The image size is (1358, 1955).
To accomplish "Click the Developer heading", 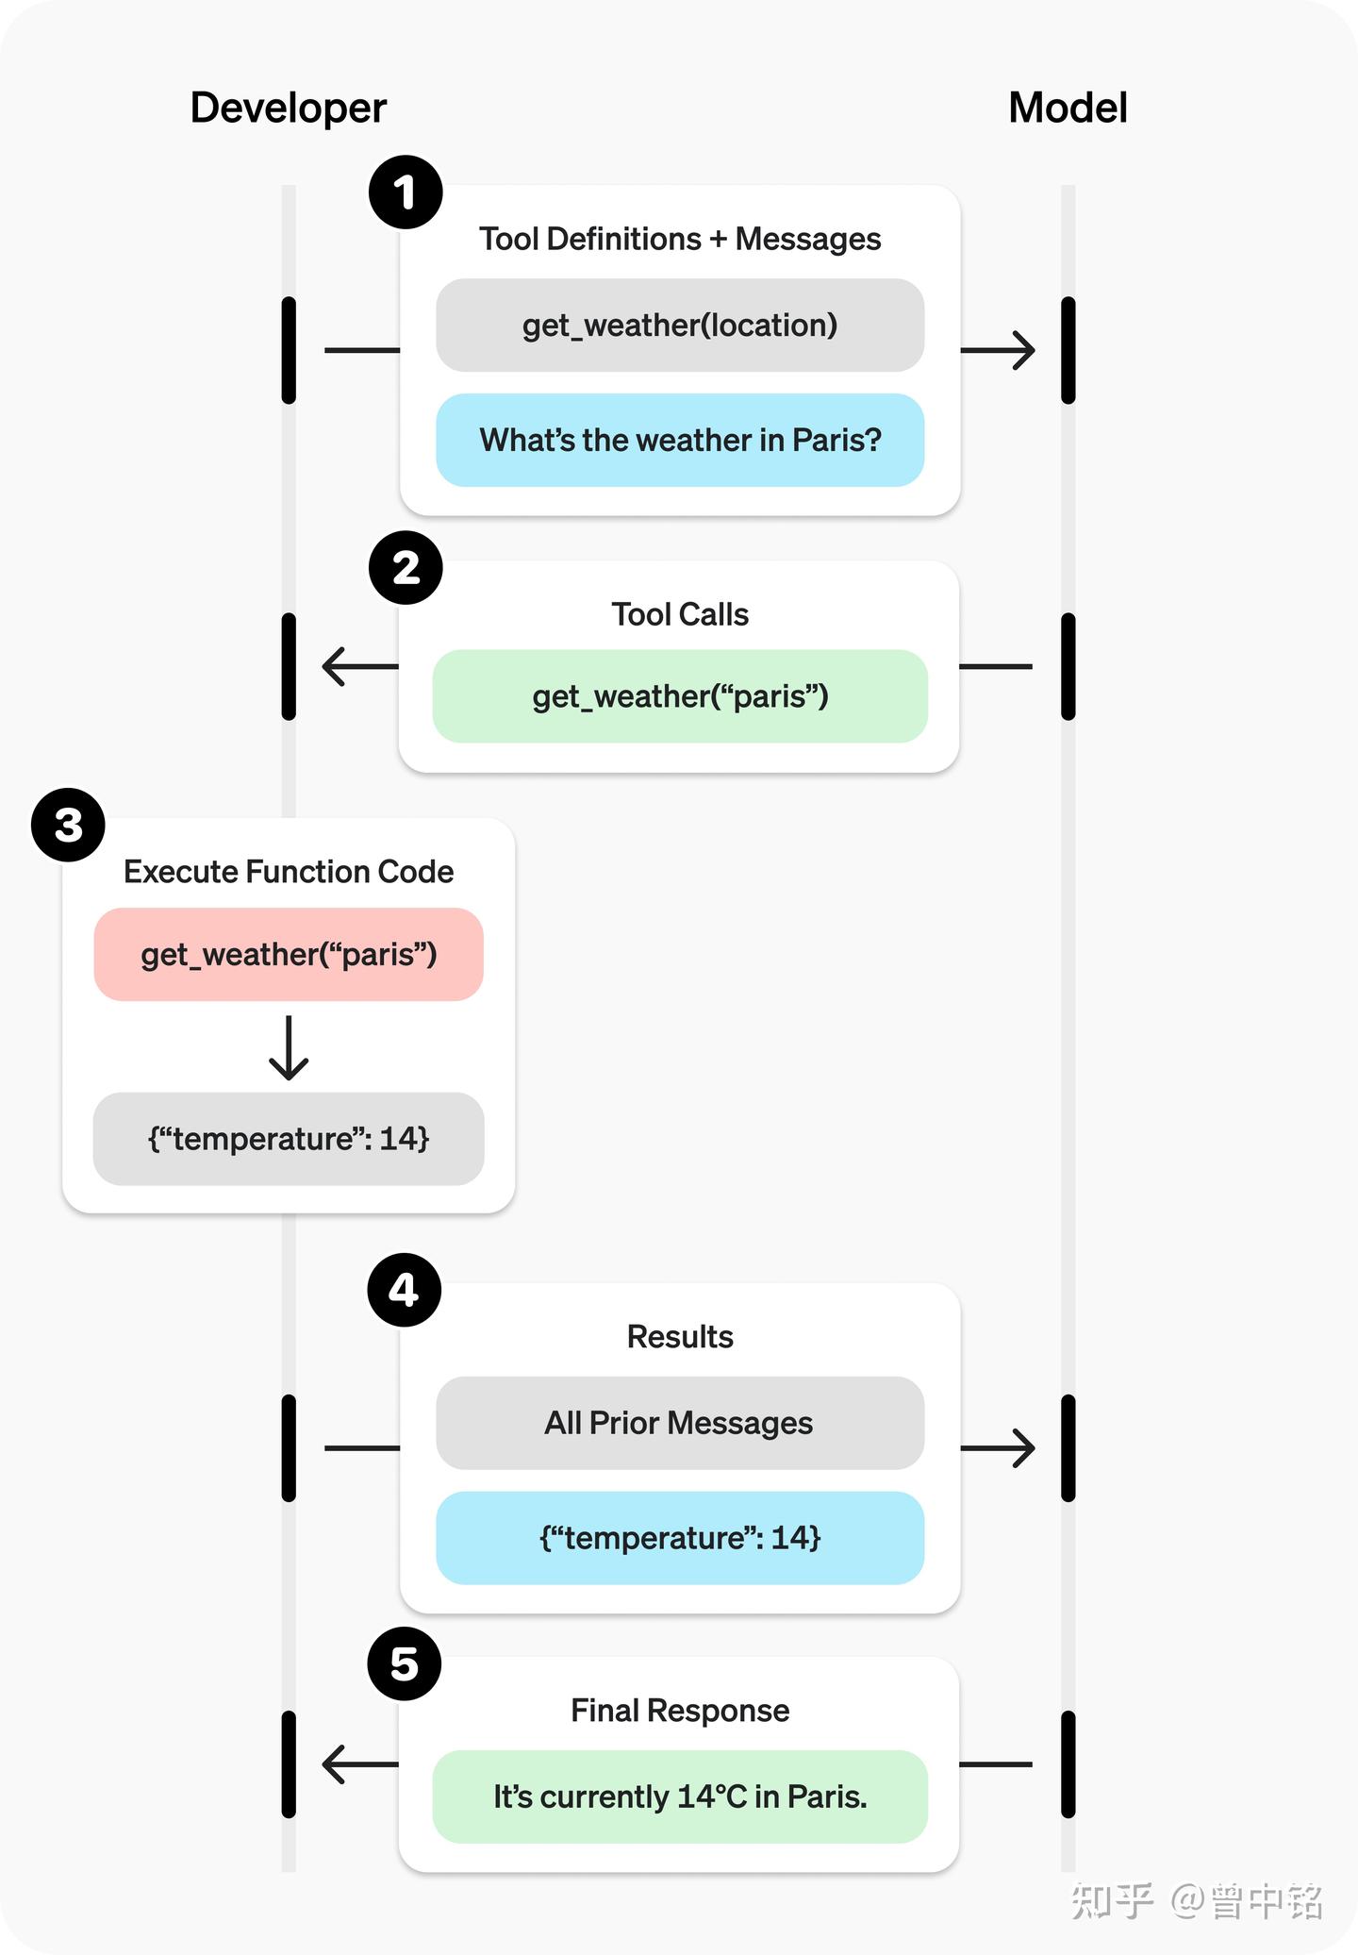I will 288,108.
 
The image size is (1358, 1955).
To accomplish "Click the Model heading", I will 1068,108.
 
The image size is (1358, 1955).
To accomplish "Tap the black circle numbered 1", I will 406,192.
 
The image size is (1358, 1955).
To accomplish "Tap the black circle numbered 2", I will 406,568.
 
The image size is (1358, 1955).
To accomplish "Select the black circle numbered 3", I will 68,826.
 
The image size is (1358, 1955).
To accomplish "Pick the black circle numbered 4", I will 404,1290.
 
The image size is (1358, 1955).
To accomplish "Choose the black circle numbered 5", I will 404,1663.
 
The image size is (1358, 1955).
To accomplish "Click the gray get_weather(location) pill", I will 680,326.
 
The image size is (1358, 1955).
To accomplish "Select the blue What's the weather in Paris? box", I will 680,441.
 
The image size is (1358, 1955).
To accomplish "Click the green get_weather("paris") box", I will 680,696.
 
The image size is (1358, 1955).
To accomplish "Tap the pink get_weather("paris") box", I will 289,955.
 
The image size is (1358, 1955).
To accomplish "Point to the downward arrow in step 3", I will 289,1048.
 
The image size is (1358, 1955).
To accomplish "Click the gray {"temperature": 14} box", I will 289,1139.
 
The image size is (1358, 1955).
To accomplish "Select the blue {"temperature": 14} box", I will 680,1538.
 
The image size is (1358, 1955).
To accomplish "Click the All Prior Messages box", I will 680,1423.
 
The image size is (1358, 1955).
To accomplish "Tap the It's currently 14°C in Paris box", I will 680,1796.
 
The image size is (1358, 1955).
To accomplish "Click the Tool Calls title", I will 680,614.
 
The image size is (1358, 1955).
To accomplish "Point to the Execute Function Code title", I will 289,872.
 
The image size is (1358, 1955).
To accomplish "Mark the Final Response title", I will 680,1711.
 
